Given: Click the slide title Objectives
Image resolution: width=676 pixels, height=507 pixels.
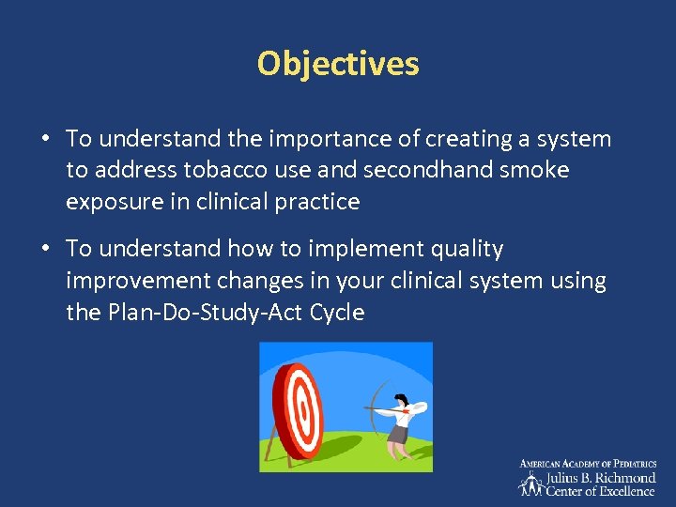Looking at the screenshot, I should pyautogui.click(x=338, y=64).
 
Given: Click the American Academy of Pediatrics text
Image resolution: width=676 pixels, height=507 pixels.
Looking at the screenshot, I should pyautogui.click(x=589, y=464).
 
